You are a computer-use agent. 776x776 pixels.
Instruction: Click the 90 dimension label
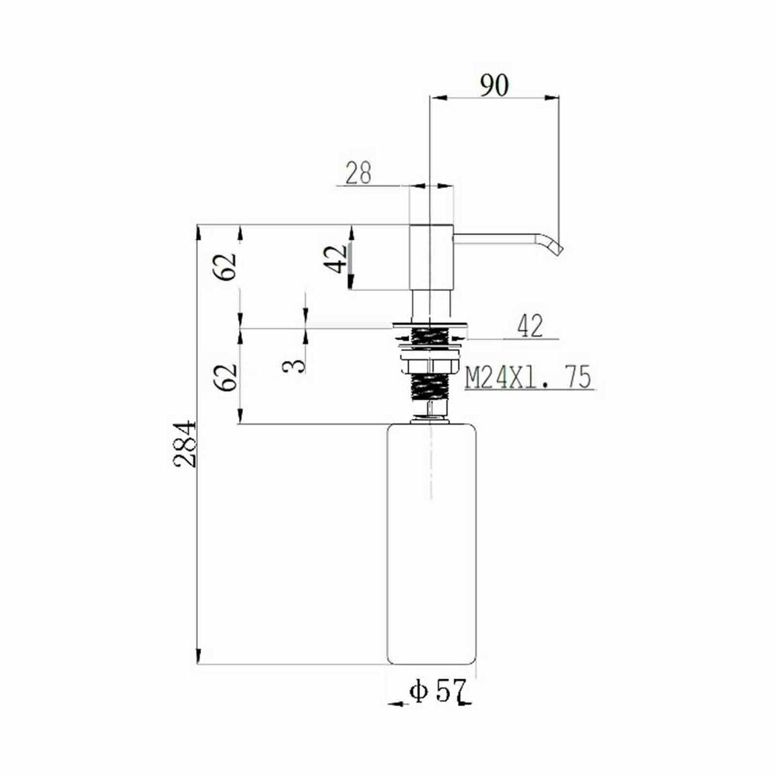[494, 85]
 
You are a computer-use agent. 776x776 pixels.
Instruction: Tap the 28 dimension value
[359, 173]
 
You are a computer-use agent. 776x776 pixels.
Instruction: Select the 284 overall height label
[185, 444]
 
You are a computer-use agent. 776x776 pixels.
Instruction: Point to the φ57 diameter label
[438, 691]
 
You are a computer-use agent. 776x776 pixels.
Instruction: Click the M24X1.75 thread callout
[528, 378]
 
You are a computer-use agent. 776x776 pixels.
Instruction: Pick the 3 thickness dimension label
[294, 365]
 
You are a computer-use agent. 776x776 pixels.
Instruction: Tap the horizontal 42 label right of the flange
[530, 326]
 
